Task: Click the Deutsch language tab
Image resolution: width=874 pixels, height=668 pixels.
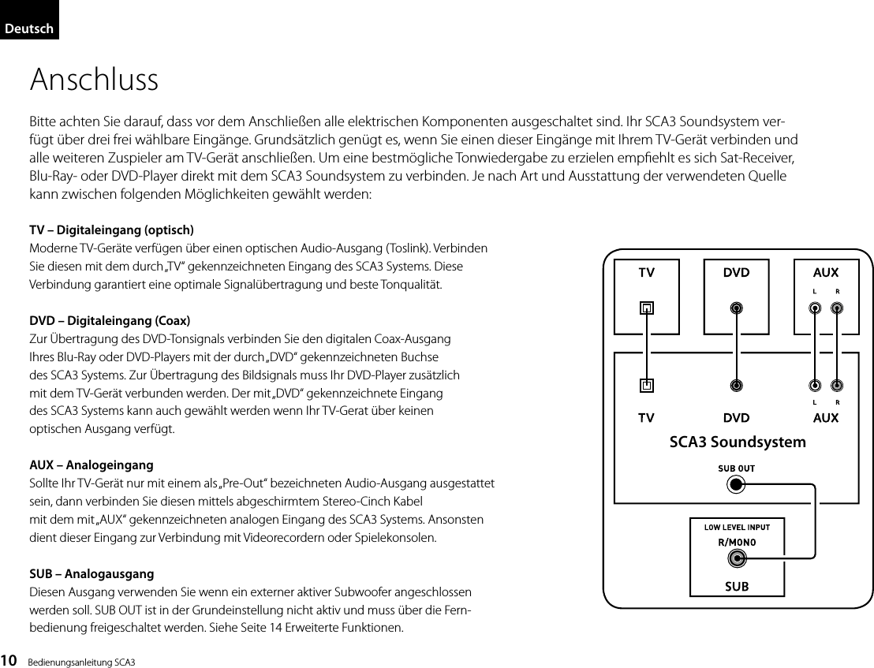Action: (29, 29)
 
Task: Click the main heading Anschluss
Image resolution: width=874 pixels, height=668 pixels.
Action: (94, 80)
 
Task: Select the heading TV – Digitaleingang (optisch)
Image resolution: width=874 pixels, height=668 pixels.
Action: (111, 230)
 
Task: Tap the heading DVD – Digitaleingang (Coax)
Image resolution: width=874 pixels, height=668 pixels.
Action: (110, 321)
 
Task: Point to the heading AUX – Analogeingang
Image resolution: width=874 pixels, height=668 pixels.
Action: (92, 465)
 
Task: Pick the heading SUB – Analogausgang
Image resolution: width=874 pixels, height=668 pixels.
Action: (92, 573)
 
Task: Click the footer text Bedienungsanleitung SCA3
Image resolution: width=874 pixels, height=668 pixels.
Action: (81, 660)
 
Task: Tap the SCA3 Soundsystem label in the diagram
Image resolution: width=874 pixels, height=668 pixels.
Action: (737, 442)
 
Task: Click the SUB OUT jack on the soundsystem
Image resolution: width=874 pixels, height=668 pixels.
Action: (736, 484)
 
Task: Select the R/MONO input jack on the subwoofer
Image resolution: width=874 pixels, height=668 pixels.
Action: (737, 559)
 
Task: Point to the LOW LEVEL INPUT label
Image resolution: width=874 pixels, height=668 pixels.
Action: (737, 527)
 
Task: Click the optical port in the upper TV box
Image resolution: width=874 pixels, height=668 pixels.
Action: (646, 308)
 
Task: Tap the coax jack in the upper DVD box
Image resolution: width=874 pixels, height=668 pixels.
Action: (736, 308)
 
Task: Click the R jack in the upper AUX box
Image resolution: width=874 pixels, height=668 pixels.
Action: (837, 308)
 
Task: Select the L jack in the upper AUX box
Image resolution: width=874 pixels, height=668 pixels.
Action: (814, 308)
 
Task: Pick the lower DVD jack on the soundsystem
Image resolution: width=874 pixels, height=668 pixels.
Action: (736, 386)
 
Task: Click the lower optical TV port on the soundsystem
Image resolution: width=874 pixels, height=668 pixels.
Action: (646, 386)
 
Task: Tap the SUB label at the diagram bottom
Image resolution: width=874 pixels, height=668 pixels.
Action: (737, 586)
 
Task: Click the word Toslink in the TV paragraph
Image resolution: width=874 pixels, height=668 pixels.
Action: (405, 248)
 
